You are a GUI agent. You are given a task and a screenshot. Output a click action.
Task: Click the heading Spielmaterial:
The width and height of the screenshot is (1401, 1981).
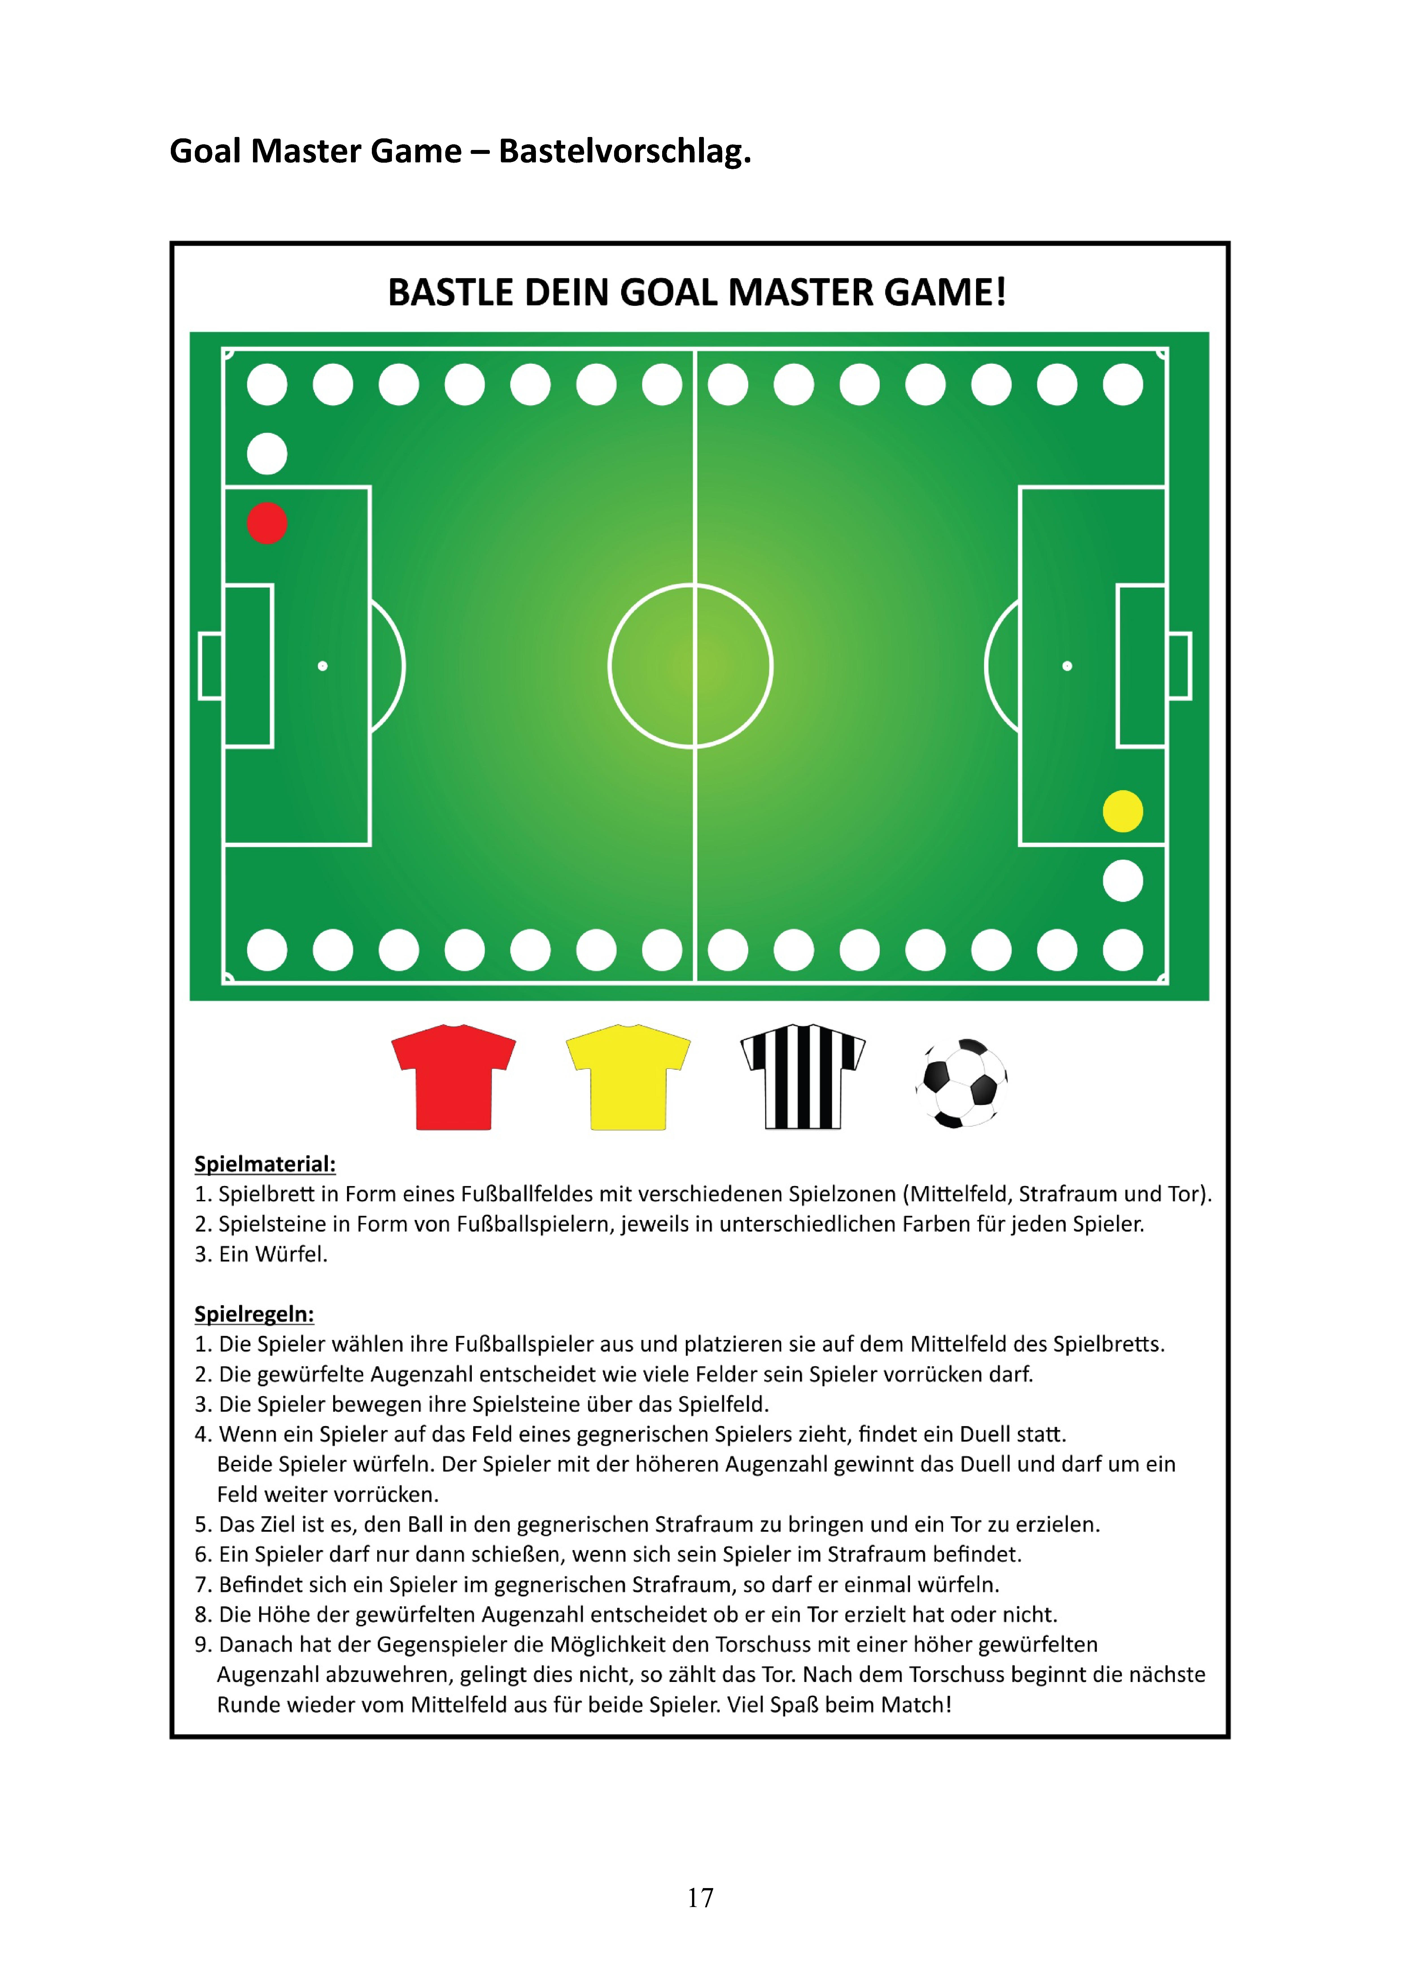(x=265, y=1164)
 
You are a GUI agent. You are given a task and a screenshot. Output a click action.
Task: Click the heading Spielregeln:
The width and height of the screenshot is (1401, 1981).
(x=254, y=1314)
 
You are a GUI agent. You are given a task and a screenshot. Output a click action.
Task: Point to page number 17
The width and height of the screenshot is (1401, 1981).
(x=701, y=1897)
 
